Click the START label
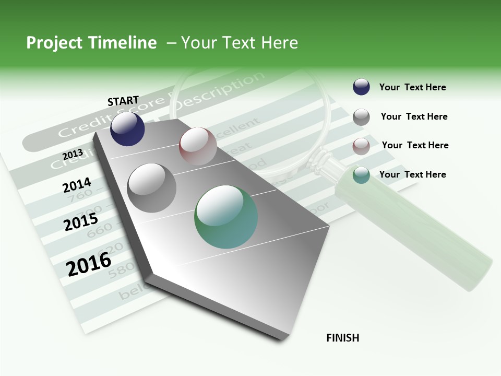point(123,100)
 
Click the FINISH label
point(343,338)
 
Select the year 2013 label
point(73,154)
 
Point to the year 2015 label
point(81,222)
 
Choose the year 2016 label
point(89,264)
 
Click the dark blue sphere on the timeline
point(127,128)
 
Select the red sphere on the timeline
point(198,146)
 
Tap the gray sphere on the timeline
point(152,187)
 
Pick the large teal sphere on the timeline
point(226,216)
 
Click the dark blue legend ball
point(361,87)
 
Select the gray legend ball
point(361,117)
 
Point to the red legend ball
point(361,146)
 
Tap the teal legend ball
point(361,175)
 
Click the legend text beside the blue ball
point(412,87)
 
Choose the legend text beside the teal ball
point(412,174)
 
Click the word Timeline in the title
point(124,43)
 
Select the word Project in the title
point(54,43)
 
